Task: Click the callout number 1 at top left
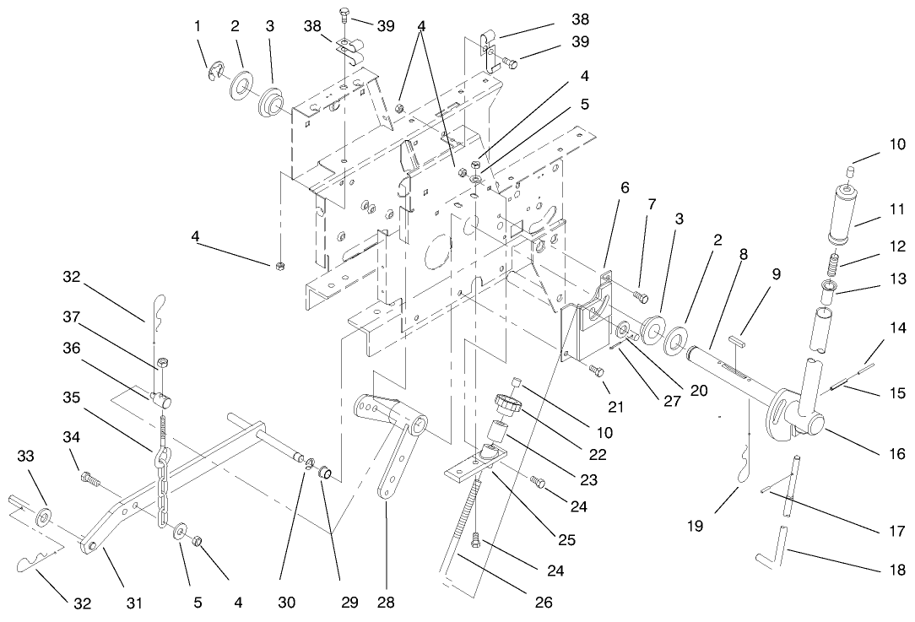198,26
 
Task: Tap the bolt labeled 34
85,479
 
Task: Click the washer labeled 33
44,514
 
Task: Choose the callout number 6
625,188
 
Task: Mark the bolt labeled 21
596,370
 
